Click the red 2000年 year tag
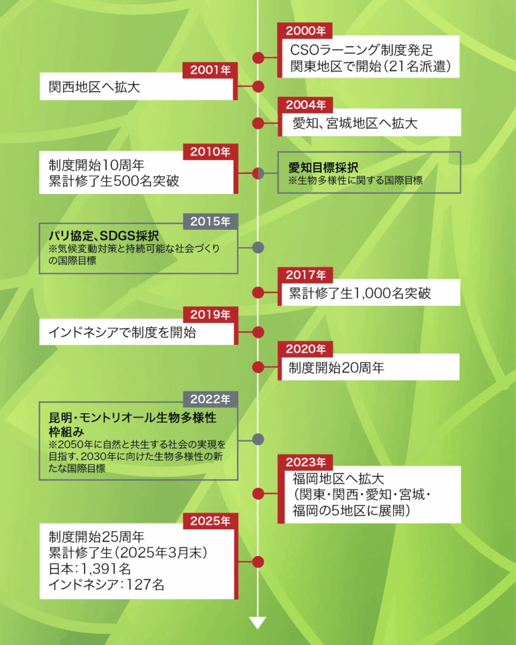pos(306,31)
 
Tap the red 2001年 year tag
pos(210,70)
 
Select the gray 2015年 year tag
pos(210,221)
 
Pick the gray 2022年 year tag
pos(210,399)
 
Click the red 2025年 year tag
pos(210,521)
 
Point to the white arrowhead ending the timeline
pos(258,622)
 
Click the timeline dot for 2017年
pos(258,292)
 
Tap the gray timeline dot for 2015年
pos(258,248)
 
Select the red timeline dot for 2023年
pos(258,493)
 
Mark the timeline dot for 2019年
pos(258,332)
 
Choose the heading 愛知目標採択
pos(323,168)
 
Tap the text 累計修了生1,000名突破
pos(360,293)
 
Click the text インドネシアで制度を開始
pos(122,333)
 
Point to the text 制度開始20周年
pos(336,368)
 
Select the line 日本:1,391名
pos(89,569)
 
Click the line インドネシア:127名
pos(106,585)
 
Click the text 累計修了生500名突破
pos(113,182)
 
